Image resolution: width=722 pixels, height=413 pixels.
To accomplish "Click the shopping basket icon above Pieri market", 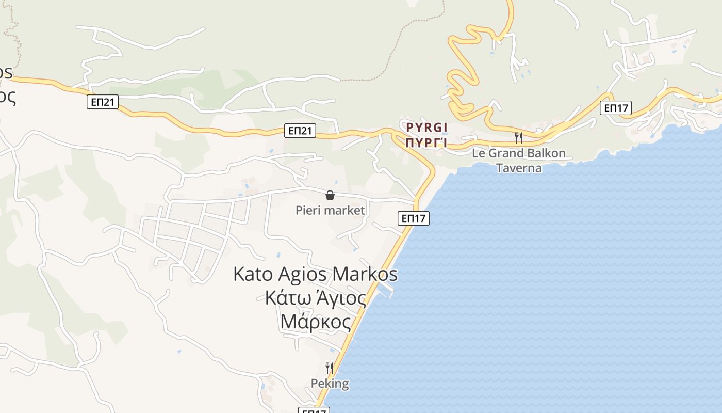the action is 330,195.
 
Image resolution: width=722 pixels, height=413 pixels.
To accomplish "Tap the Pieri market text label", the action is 330,210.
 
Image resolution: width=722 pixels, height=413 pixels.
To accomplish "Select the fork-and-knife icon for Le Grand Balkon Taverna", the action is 519,137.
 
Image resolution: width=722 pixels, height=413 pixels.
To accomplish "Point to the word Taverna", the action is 519,168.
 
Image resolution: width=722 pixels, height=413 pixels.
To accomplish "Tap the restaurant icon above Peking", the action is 330,368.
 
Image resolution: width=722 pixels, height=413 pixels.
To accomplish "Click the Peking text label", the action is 330,384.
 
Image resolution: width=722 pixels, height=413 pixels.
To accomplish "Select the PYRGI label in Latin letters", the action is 426,127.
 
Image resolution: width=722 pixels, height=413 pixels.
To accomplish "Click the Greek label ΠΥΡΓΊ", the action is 426,142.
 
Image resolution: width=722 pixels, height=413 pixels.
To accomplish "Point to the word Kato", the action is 252,274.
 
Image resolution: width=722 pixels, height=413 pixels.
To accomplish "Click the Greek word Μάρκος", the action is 316,322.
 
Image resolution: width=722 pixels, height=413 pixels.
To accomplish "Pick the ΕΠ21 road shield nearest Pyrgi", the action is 300,131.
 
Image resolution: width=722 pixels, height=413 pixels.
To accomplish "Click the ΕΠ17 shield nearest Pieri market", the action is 414,218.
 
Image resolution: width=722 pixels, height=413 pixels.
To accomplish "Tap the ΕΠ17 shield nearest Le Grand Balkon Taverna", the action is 616,108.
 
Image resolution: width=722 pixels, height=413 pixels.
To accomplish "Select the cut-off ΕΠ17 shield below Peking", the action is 314,410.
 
